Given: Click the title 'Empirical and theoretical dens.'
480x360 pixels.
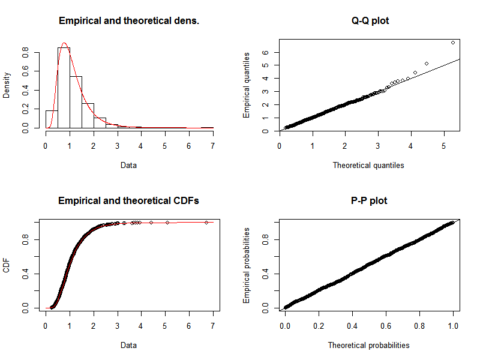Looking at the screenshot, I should coord(129,21).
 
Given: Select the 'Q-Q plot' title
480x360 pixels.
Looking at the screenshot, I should coord(370,21).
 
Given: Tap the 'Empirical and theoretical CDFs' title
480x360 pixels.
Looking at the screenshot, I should coord(129,200).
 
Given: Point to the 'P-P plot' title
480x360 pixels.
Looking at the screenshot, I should coord(370,200).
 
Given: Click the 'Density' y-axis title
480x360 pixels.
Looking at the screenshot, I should coord(7,85).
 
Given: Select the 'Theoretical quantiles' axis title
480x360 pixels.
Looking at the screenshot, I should coord(368,165).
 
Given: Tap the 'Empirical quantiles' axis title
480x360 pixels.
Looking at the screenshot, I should coord(246,85).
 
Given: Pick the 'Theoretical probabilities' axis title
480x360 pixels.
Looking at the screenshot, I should coord(368,345).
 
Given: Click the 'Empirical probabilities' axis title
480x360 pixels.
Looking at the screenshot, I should coord(246,265).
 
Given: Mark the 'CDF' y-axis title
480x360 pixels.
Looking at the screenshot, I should coord(7,265).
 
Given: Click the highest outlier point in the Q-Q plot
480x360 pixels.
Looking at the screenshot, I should coord(452,43).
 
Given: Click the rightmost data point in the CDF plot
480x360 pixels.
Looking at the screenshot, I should coord(206,223).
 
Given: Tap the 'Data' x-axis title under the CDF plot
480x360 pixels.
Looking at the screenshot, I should coord(129,345).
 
